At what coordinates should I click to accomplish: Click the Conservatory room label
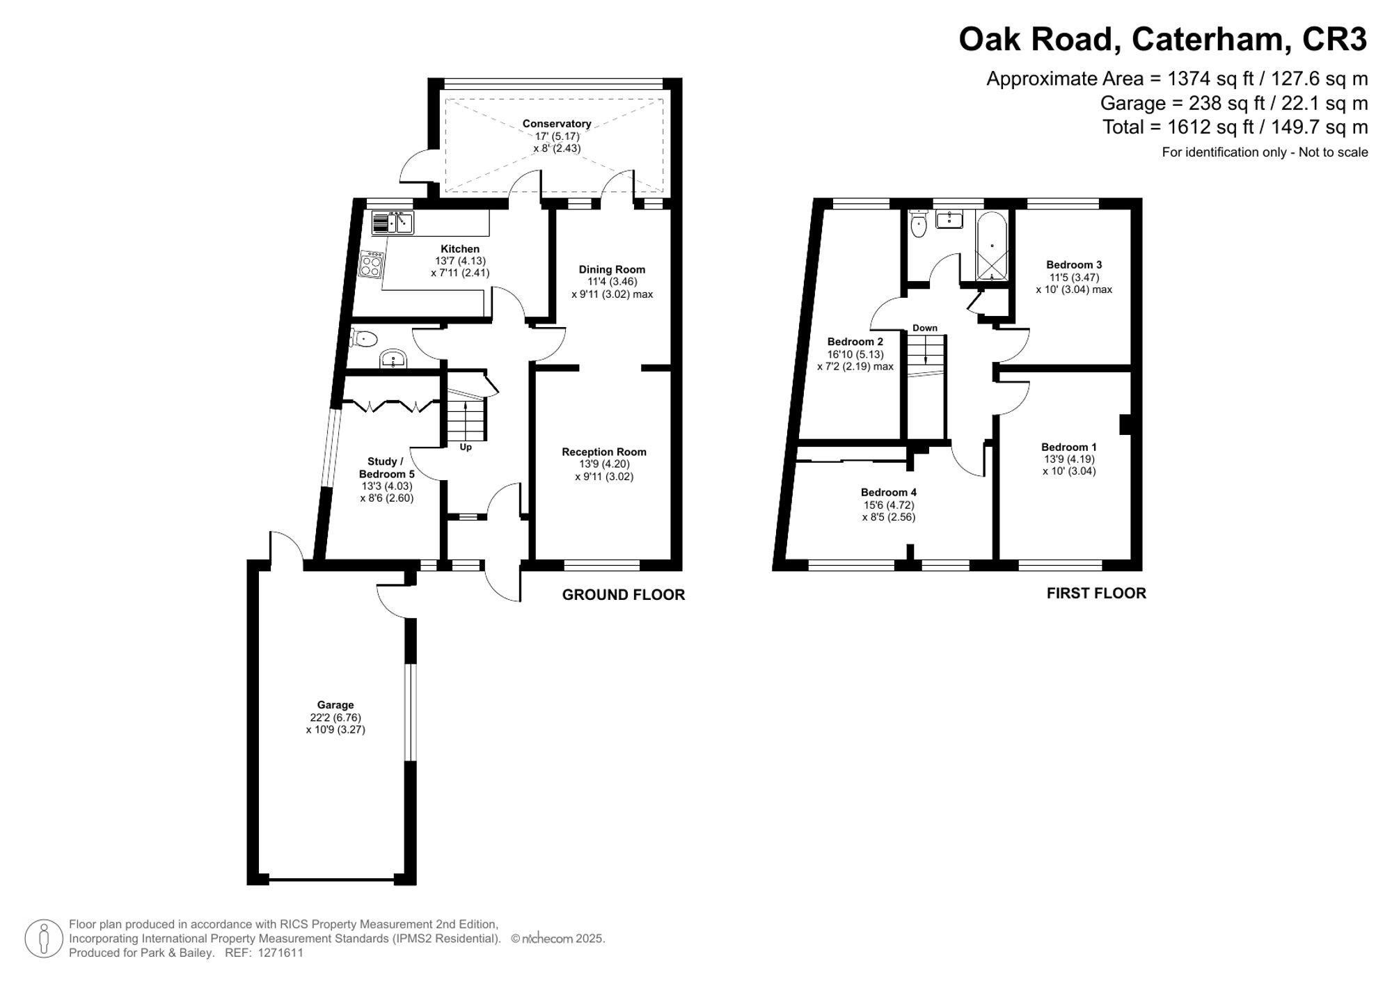tap(557, 124)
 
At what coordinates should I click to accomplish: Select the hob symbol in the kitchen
tap(371, 265)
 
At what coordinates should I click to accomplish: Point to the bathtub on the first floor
tap(992, 247)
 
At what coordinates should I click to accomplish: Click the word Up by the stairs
tap(466, 447)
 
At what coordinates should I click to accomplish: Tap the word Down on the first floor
tap(925, 328)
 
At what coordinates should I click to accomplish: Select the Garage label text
tap(335, 705)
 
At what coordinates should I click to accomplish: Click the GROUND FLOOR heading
tap(623, 595)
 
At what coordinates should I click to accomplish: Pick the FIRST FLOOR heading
tap(1096, 593)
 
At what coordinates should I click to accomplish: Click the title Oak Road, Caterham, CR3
tap(1162, 40)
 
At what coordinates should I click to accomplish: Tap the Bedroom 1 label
tap(1069, 447)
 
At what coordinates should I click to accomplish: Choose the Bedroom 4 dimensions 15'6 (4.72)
tap(888, 505)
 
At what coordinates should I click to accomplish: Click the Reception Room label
tap(604, 452)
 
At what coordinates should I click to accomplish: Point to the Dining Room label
tap(612, 269)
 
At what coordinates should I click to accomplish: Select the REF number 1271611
tap(280, 953)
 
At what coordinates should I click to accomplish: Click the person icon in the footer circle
tap(44, 938)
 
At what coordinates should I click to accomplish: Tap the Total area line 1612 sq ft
tap(1235, 127)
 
